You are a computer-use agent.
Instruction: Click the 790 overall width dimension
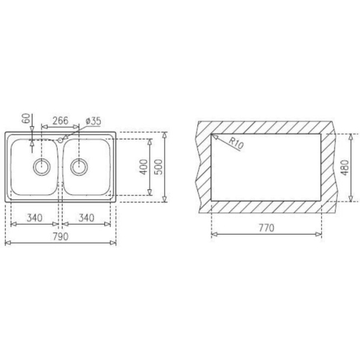tap(61, 237)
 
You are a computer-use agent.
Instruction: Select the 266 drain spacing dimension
tap(60, 120)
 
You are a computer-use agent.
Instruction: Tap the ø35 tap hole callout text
tap(93, 121)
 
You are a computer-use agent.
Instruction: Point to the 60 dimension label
tap(27, 118)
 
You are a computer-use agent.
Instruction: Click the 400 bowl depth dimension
tap(144, 167)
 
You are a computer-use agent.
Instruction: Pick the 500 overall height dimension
tap(158, 167)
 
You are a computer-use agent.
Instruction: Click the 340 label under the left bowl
tap(35, 218)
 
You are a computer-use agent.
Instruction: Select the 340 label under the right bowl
tap(86, 218)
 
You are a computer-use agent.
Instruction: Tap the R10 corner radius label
tap(236, 143)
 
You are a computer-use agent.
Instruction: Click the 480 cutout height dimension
tap(345, 168)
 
